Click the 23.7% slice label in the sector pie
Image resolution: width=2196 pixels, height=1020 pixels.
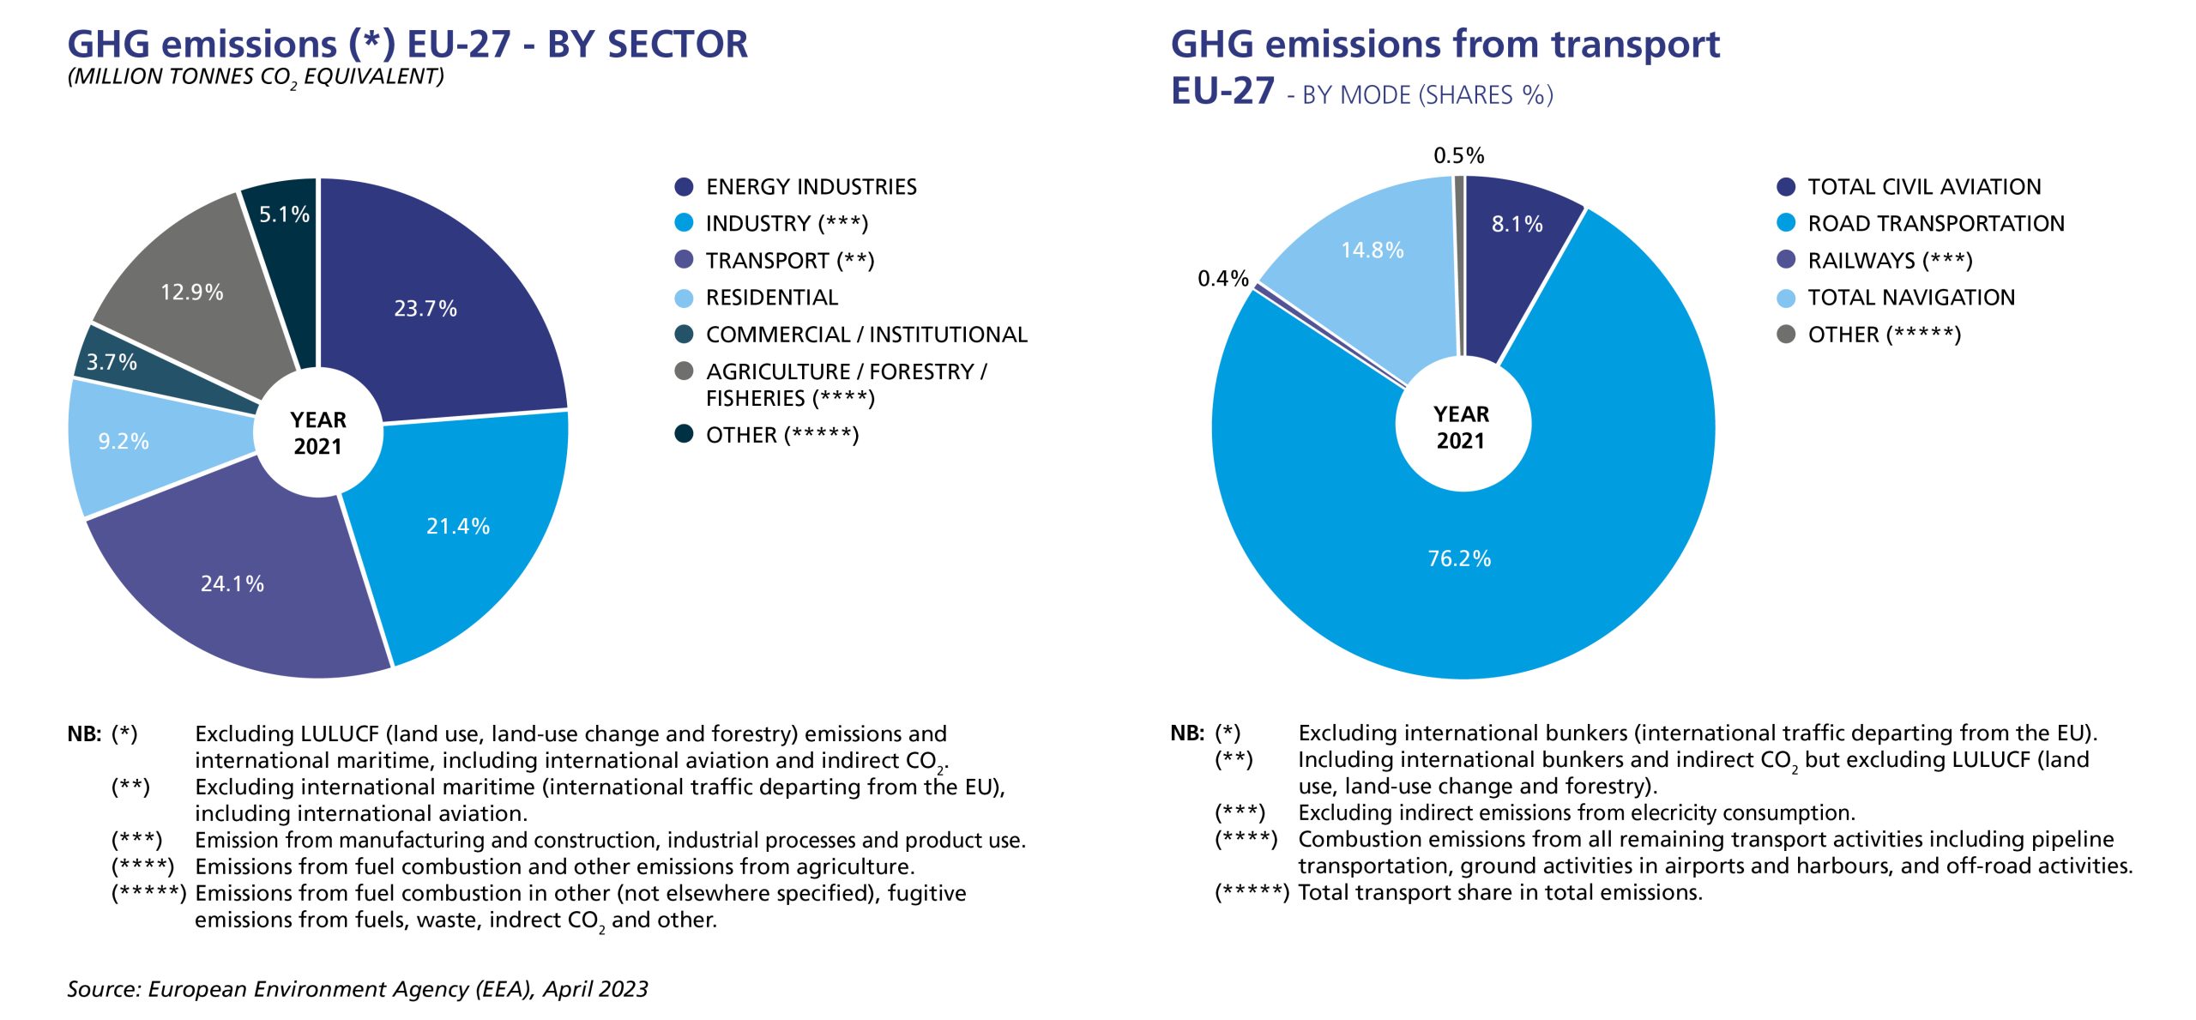pos(425,309)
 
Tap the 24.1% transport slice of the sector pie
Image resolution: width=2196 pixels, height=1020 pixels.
pos(232,583)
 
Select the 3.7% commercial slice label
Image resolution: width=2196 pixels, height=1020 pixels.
pos(112,362)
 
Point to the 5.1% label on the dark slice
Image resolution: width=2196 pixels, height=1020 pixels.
pos(284,214)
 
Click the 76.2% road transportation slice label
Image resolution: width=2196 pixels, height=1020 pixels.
pos(1459,558)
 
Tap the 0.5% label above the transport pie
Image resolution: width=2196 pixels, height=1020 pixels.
pos(1458,155)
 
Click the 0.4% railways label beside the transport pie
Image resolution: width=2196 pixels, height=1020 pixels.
pos(1223,278)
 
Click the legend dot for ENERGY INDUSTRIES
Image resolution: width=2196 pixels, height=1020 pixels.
pos(684,186)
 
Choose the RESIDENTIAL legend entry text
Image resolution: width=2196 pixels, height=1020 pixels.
pos(772,298)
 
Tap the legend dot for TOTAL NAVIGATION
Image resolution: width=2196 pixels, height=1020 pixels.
pos(1786,298)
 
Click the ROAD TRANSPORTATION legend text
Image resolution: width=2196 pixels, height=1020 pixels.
pos(1936,224)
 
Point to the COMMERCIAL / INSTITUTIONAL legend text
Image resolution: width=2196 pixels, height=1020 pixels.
pos(866,335)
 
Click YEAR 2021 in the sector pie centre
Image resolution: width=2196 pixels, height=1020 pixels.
pos(318,433)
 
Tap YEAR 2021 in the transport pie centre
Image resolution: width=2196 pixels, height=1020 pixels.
pos(1461,427)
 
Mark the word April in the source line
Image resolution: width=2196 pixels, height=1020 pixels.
pos(568,989)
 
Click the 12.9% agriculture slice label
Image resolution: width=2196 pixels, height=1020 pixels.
pos(192,293)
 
